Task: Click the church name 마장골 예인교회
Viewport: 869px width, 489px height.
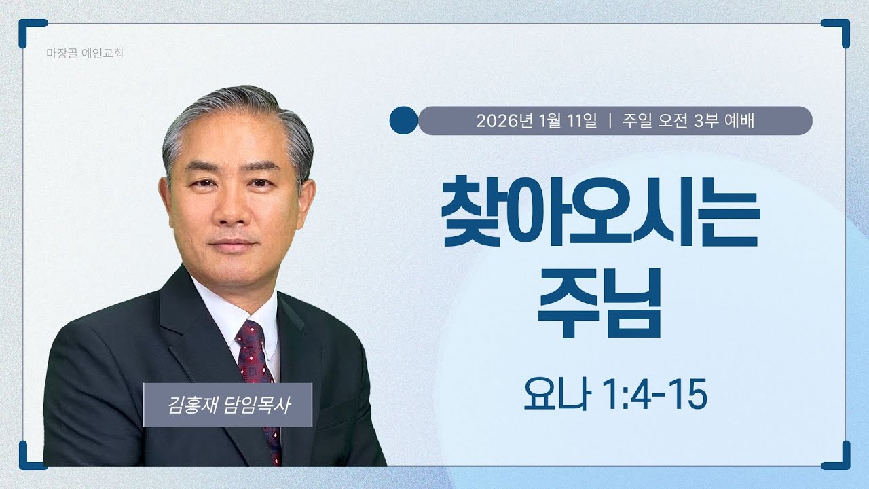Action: tap(86, 52)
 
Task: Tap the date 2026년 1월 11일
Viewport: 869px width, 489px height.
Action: tap(536, 121)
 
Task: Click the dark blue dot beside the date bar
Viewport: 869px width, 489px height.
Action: tap(403, 120)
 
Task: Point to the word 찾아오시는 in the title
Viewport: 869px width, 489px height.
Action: tap(600, 207)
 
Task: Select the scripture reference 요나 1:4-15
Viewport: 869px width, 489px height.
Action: tap(615, 396)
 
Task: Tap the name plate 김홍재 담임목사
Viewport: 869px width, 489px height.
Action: tap(227, 405)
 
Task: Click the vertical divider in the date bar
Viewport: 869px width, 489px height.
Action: tap(611, 121)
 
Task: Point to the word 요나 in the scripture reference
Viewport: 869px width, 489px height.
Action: tap(551, 396)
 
